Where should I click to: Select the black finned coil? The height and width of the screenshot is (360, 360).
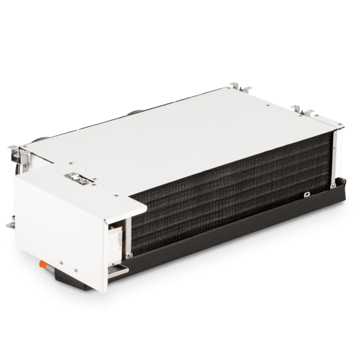tap(231, 191)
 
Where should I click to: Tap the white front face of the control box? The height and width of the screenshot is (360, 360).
tap(62, 231)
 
